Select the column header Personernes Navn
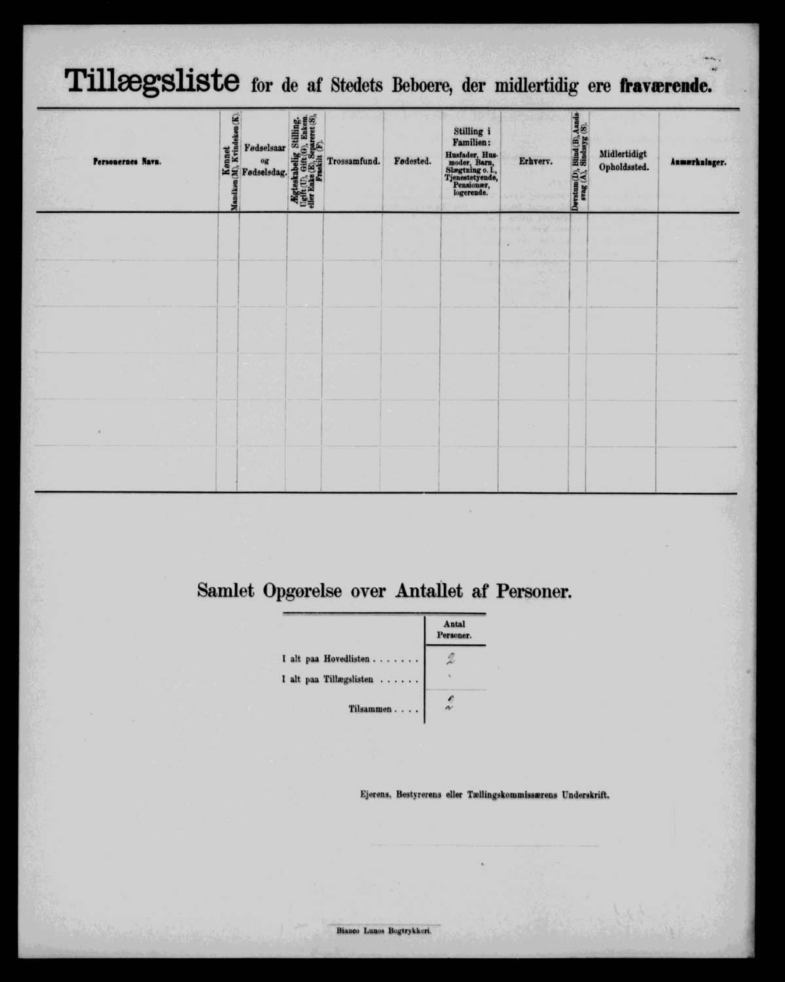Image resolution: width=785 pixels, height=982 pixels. tap(127, 162)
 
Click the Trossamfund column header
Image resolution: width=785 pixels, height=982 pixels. tap(354, 161)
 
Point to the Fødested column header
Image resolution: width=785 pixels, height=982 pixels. tap(412, 161)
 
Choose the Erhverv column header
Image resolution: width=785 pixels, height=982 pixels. tap(536, 161)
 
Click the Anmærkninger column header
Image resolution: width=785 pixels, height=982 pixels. tap(698, 162)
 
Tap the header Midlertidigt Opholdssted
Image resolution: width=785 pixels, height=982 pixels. tap(623, 160)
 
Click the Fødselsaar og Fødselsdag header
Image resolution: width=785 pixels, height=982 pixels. tap(264, 160)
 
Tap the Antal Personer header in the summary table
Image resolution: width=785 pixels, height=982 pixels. tap(454, 630)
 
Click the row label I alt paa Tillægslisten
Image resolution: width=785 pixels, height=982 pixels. tap(350, 680)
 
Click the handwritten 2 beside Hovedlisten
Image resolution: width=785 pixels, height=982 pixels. tap(450, 659)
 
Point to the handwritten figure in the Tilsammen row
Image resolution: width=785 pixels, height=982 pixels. tap(450, 706)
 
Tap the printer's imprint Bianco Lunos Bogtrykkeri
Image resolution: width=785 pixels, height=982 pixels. tap(384, 929)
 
